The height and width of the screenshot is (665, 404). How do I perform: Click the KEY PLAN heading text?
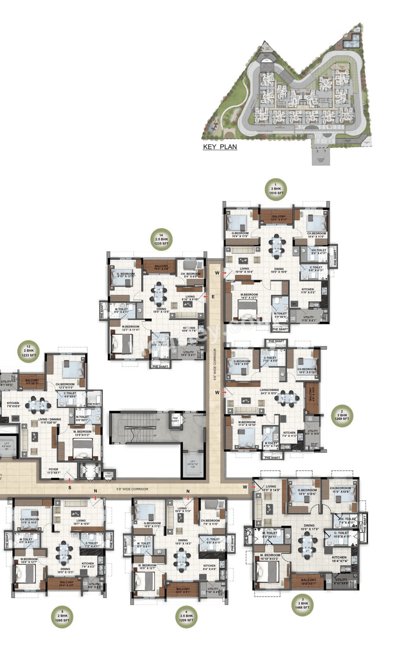[220, 147]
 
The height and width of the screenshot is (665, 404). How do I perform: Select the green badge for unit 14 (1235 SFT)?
[161, 239]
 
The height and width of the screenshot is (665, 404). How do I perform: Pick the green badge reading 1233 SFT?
[28, 351]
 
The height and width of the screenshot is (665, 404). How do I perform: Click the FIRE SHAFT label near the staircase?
[175, 419]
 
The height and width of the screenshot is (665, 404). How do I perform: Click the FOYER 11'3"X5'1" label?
[53, 471]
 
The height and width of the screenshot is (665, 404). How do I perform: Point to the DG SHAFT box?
[109, 475]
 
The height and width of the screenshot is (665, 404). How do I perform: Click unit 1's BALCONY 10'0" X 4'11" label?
[279, 218]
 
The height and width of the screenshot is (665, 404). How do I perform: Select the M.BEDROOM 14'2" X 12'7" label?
[249, 296]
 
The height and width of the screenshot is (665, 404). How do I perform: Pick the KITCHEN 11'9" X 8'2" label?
[308, 290]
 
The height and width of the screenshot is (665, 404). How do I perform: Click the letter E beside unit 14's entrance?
[213, 297]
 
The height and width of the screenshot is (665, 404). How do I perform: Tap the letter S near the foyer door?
[70, 488]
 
